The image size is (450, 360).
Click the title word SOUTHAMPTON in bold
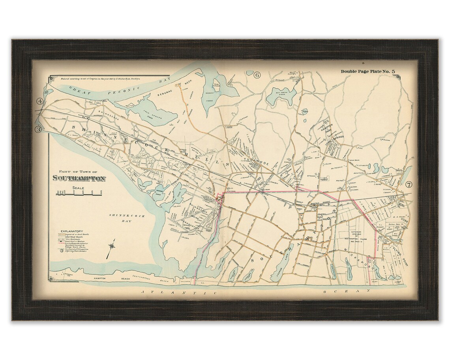[x=79, y=178]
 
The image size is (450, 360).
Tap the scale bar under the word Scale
[x=79, y=193]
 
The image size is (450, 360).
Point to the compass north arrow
[x=112, y=246]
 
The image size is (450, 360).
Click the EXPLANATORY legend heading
[x=71, y=231]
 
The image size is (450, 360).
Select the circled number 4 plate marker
[x=40, y=101]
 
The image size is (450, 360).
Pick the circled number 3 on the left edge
[x=38, y=129]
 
